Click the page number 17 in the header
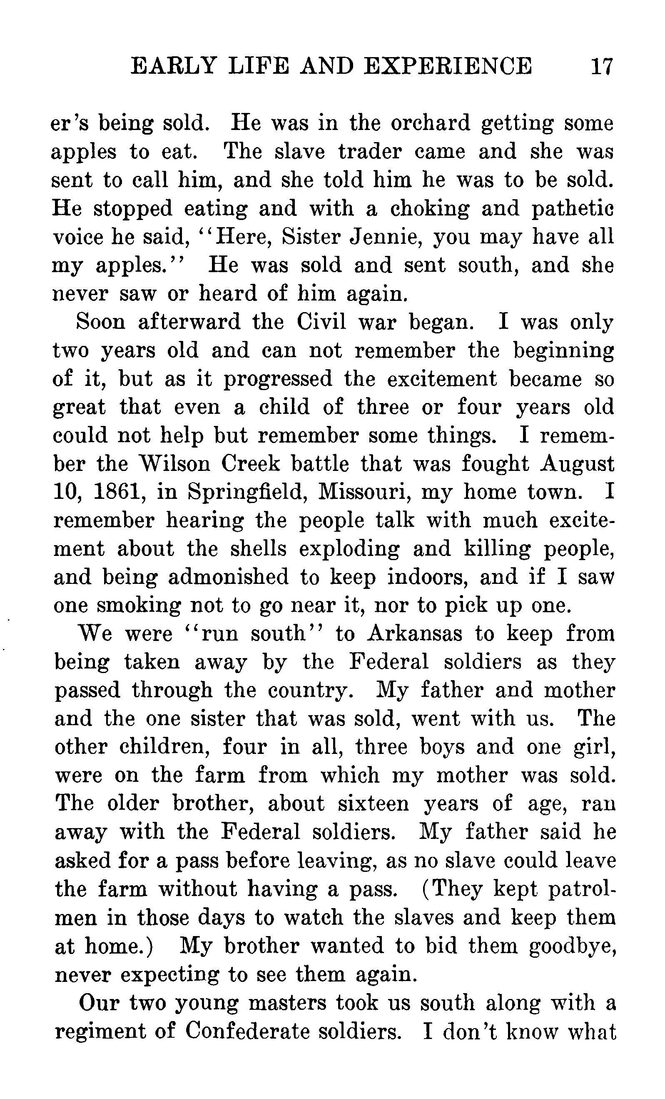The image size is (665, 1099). (602, 66)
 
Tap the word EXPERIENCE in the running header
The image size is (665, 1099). (448, 66)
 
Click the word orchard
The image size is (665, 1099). (430, 123)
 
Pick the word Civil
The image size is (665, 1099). (321, 322)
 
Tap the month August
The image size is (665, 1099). (577, 464)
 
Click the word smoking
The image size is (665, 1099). (139, 605)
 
